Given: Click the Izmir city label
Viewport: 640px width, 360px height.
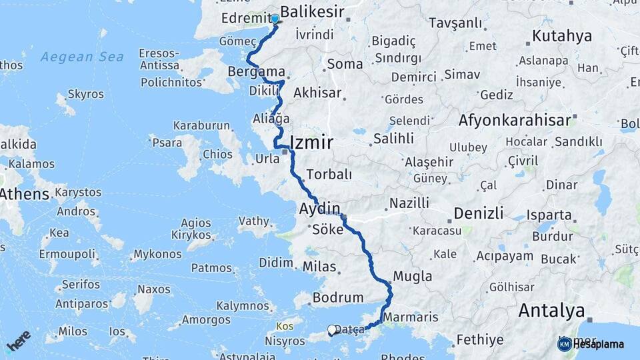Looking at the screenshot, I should tap(311, 141).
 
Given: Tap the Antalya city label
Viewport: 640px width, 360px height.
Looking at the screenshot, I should tap(551, 310).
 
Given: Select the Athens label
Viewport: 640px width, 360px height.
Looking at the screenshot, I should tap(24, 195).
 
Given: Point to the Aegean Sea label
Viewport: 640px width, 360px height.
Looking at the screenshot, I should tap(82, 57).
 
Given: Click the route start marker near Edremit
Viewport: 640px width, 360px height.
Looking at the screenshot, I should tap(275, 19).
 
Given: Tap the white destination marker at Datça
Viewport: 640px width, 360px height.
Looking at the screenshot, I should tap(332, 329).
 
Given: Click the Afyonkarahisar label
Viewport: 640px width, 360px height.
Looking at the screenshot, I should tap(515, 121).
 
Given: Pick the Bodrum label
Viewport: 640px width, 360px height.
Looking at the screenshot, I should tap(338, 297).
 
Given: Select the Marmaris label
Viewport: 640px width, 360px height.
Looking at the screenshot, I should tap(411, 317).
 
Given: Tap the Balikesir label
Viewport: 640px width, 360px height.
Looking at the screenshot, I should tap(312, 11).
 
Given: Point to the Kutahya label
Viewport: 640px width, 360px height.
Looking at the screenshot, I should tap(562, 35).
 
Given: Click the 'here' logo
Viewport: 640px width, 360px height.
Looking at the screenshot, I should tap(18, 339).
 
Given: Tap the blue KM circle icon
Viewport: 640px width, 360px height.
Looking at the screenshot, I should tap(564, 344).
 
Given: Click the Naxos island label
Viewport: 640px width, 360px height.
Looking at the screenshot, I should tap(153, 290).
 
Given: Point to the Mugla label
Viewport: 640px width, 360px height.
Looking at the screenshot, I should tap(413, 276).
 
